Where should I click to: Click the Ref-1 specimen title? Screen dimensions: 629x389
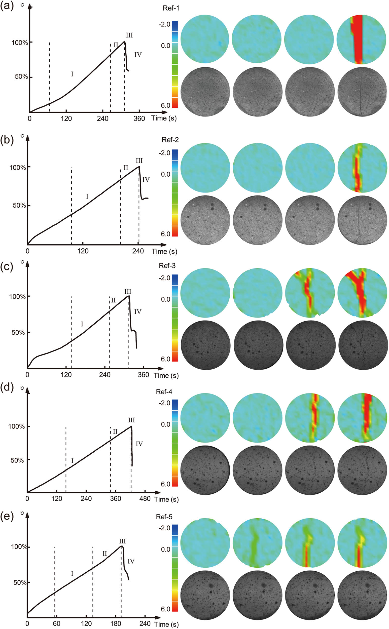(x=171, y=8)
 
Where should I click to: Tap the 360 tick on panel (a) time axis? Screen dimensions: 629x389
(x=139, y=119)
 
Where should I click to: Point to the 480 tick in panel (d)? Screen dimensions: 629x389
(x=145, y=498)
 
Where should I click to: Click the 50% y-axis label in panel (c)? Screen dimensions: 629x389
(x=18, y=333)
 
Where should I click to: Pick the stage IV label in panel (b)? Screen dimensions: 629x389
(x=146, y=180)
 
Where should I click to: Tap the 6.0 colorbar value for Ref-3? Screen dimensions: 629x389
(x=165, y=359)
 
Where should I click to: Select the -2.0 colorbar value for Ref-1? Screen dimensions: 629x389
(x=164, y=24)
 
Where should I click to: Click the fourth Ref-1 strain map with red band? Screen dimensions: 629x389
(x=361, y=39)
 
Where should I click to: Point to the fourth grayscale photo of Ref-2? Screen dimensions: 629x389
(x=362, y=220)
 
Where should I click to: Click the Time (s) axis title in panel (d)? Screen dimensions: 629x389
(x=166, y=499)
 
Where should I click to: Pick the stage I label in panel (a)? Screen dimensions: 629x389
(x=72, y=74)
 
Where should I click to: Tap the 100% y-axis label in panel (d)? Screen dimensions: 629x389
(x=16, y=427)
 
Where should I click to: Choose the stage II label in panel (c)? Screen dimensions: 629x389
(x=113, y=300)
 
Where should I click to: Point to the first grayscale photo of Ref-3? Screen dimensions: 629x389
(x=205, y=345)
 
